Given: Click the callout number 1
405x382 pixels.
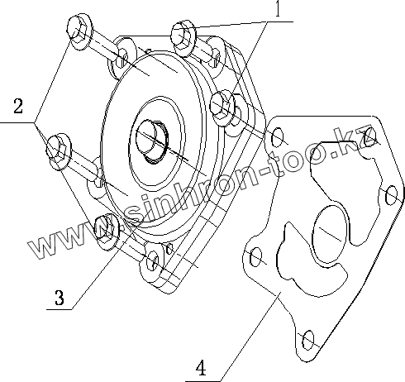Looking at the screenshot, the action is pos(278,8).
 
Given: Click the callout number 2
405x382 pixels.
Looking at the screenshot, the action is pos(18,106).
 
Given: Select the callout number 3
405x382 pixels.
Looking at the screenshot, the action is pos(60,298).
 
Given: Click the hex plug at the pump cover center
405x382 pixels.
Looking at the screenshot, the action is pos(151,141).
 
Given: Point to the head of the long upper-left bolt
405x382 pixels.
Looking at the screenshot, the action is pos(79,31).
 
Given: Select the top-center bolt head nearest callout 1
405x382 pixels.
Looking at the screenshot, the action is pos(184,38).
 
